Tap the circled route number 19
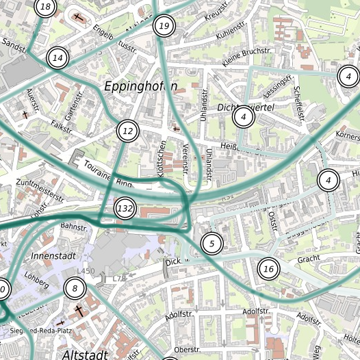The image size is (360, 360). click(x=164, y=27)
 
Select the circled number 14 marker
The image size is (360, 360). click(x=58, y=58)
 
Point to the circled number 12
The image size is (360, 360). click(x=127, y=131)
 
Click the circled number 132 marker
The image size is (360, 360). click(x=125, y=208)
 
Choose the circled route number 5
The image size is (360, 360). click(x=211, y=243)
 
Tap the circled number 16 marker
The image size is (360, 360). click(x=268, y=269)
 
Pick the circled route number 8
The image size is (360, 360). click(x=75, y=289)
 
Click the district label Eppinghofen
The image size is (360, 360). click(x=140, y=86)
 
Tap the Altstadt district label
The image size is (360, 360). click(x=85, y=355)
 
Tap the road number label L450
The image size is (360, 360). click(x=86, y=272)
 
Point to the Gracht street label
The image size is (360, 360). click(x=309, y=259)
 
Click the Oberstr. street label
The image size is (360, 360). click(x=186, y=349)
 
